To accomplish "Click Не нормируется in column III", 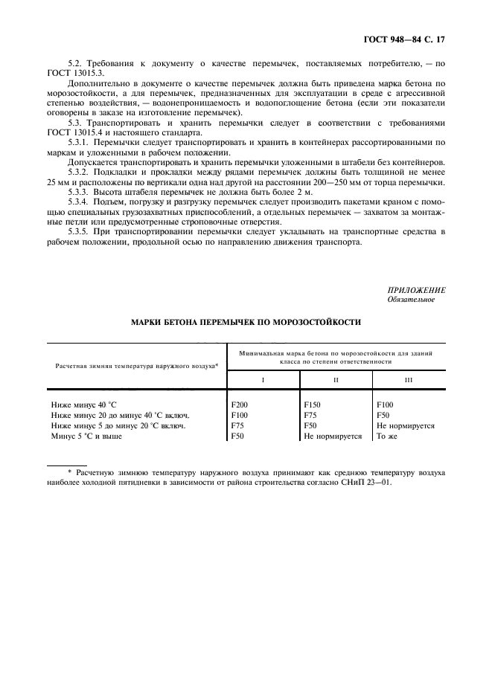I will point(406,426).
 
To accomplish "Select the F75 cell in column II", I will point(311,416).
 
